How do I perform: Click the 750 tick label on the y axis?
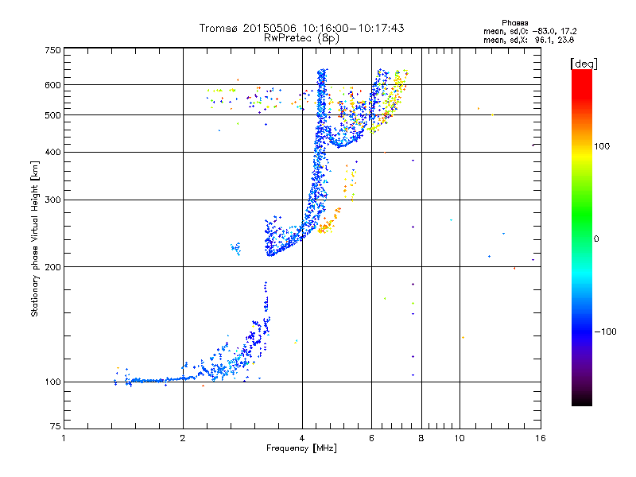click(x=52, y=50)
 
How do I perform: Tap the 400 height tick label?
click(x=52, y=152)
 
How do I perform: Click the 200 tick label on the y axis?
click(x=52, y=266)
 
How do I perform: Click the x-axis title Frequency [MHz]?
click(x=301, y=449)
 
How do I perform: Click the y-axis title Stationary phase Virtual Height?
click(x=35, y=238)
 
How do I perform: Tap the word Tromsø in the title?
click(x=219, y=28)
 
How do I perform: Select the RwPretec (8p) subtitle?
click(x=301, y=37)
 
